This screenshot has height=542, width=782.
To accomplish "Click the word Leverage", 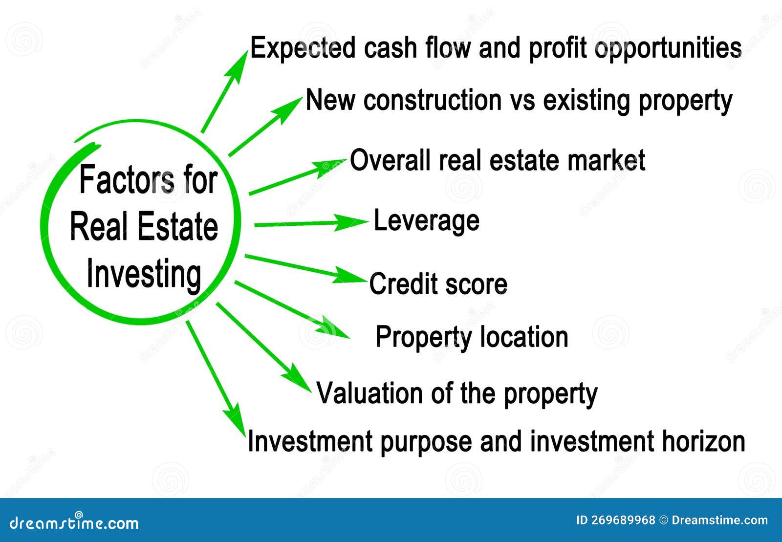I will (426, 221).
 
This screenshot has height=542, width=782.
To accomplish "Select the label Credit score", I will (438, 284).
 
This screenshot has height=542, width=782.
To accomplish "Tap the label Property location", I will (472, 337).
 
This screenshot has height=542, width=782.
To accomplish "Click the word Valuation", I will (369, 393).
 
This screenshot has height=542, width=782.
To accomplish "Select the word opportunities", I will (668, 49).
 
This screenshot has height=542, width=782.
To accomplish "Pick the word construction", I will (433, 100).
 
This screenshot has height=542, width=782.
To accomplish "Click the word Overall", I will (391, 160).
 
